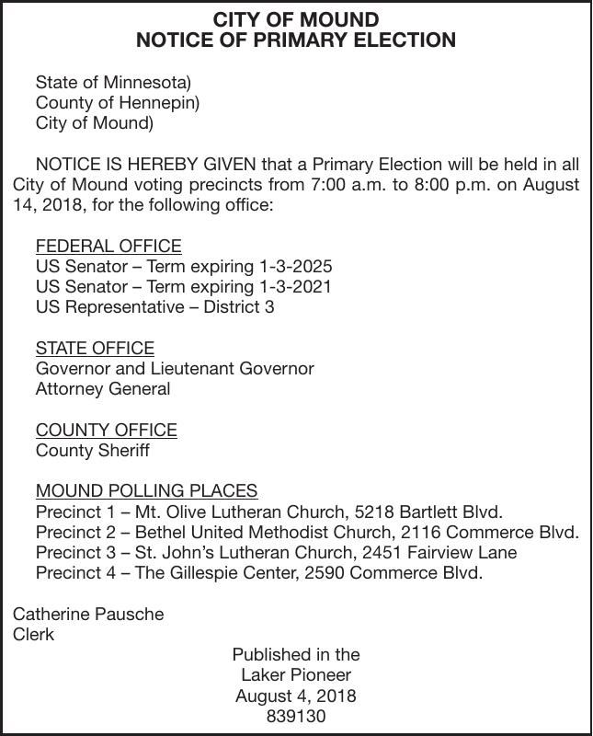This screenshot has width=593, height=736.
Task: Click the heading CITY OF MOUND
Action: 296,19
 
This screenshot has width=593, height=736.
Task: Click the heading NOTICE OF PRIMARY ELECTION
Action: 296,40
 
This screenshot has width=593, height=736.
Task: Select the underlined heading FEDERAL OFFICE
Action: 108,247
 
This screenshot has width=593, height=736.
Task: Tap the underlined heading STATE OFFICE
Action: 95,348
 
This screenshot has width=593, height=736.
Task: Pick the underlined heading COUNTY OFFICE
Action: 106,430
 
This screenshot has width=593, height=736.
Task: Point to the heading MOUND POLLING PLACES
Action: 146,491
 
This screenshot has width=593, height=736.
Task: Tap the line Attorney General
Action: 103,389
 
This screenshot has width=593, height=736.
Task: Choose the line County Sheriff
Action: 92,451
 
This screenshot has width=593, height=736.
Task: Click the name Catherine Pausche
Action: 88,614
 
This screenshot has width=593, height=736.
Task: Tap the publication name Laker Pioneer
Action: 296,675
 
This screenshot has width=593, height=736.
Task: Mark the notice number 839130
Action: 296,716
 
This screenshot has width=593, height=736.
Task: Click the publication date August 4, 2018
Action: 296,696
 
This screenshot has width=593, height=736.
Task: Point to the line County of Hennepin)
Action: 117,103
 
